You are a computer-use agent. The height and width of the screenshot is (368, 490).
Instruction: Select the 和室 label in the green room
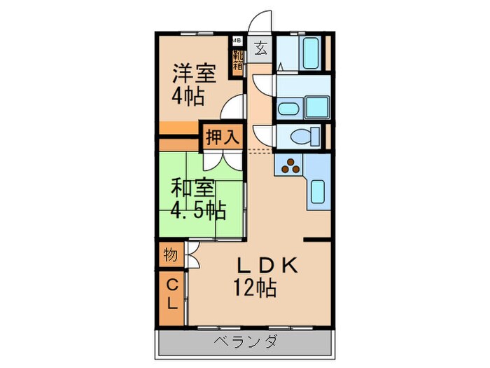point(192,188)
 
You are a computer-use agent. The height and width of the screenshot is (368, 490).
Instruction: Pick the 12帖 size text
point(255,287)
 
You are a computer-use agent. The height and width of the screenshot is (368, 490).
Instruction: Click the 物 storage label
point(169,254)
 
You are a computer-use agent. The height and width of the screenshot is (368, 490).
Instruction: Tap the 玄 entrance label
point(260,48)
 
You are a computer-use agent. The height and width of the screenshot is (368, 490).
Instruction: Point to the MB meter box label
point(237,39)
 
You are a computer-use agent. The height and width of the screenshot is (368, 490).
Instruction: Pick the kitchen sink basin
point(317,191)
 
